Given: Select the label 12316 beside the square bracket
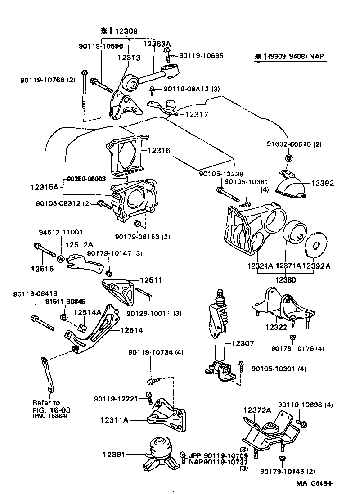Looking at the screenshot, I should click(x=157, y=151).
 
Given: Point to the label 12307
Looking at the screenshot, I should click(x=243, y=343).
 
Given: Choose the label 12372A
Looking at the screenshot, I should click(x=257, y=410).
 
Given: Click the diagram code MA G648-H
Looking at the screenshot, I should click(x=315, y=483).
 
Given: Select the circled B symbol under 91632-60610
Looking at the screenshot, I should click(x=289, y=158).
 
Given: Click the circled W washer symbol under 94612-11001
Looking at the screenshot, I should click(x=59, y=258).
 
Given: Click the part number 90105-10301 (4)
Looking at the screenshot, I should click(x=279, y=369).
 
